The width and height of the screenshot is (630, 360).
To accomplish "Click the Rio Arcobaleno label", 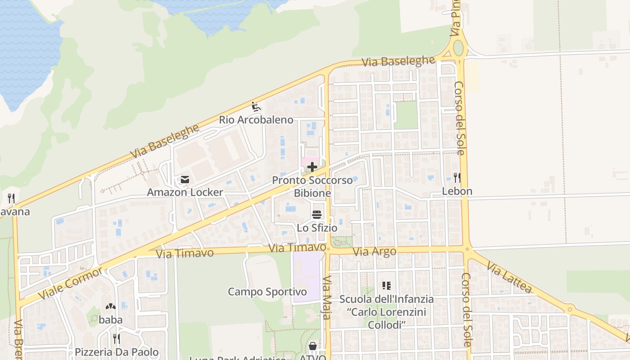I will [256, 120].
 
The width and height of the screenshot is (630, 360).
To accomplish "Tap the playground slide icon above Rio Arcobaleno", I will [256, 107].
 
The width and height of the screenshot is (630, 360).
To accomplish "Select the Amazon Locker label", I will [185, 193].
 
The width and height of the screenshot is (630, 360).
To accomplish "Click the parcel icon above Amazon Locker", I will [184, 180].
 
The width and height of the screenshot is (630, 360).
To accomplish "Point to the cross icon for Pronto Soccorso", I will [312, 167].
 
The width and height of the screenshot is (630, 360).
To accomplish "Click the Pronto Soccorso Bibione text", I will [312, 187].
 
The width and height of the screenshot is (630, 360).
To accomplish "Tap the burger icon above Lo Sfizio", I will [317, 215].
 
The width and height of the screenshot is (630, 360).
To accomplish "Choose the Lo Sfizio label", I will [317, 228].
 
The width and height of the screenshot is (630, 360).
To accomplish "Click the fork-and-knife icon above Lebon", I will [457, 178].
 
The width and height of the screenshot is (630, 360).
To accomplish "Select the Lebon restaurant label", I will [457, 191].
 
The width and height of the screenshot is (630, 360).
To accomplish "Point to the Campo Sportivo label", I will [267, 292].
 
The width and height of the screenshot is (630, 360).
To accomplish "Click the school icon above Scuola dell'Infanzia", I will [387, 286].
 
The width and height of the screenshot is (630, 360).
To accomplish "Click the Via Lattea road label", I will [509, 279].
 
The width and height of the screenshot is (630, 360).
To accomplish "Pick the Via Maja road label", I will [327, 297].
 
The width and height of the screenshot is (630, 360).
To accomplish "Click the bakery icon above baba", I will [111, 307].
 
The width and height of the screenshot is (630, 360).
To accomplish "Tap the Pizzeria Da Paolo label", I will [117, 352].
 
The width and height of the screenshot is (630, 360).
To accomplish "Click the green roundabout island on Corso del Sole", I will [458, 48].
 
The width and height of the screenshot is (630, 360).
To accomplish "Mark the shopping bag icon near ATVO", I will [312, 346].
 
